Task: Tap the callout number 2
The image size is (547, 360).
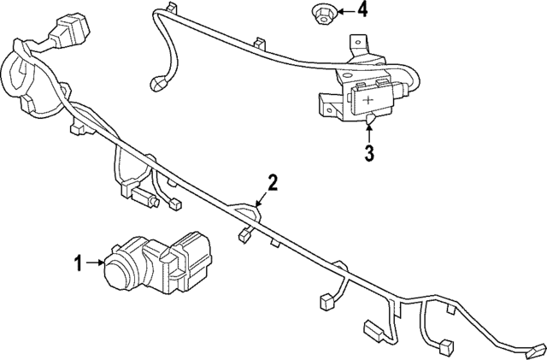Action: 273,180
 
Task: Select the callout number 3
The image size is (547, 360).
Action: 369,154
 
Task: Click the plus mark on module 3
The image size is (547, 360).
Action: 368,101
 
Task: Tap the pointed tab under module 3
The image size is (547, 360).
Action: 369,123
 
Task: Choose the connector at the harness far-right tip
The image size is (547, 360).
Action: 535,348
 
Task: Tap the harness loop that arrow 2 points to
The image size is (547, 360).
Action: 245,210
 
